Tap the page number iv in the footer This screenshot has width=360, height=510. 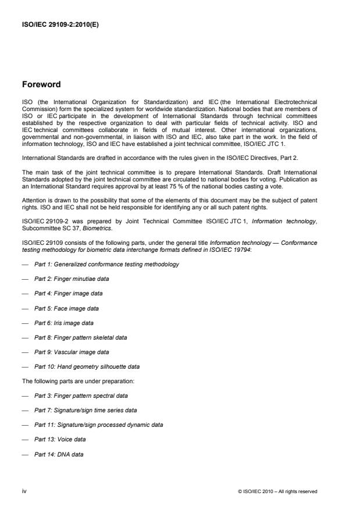point(24,491)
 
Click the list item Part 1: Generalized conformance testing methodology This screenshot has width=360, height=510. point(106,264)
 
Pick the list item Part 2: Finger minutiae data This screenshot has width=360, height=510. point(72,279)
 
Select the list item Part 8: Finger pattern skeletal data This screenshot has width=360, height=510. point(80,337)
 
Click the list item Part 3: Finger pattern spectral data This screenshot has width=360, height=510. point(80,395)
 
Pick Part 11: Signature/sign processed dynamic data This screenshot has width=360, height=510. point(98,425)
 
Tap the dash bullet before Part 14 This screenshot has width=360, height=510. point(25,454)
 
